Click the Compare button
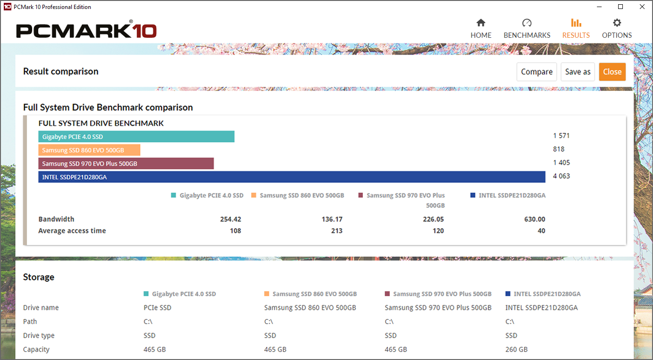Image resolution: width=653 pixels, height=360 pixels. tap(537, 72)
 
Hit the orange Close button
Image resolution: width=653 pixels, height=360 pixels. tap(612, 72)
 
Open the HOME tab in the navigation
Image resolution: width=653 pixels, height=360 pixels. tap(481, 29)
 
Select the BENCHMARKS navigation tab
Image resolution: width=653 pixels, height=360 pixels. tap(527, 29)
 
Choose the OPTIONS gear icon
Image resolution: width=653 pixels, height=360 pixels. tap(617, 23)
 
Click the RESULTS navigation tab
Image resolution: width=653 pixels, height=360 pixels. tap(576, 29)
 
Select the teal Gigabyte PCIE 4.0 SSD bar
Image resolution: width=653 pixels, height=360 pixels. tap(136, 137)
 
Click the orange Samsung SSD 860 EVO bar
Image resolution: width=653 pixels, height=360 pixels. tap(89, 150)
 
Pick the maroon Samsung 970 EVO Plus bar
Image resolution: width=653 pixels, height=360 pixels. tap(126, 164)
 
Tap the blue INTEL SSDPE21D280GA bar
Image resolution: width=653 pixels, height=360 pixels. tap(292, 177)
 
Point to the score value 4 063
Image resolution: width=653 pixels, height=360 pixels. tap(561, 176)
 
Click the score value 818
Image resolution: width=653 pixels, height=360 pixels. tap(559, 149)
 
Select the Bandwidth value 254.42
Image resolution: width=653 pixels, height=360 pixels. tap(230, 219)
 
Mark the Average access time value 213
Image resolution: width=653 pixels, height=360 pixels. tap(336, 231)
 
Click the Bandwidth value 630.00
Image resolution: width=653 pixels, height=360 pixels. tap(534, 219)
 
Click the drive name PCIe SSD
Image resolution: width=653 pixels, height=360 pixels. tap(157, 308)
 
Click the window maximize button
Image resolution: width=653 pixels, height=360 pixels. tap(620, 7)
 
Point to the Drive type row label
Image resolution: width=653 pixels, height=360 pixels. tap(39, 335)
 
